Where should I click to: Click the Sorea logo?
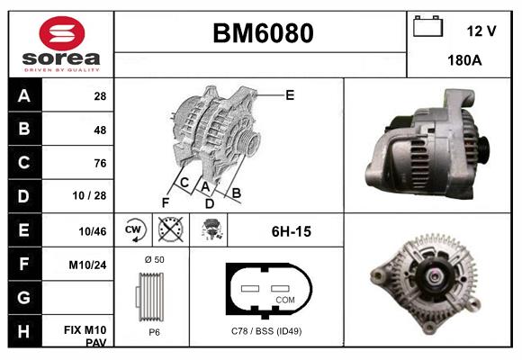[61, 43]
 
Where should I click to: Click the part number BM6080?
[263, 33]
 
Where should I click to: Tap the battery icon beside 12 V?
[428, 27]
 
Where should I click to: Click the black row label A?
[23, 96]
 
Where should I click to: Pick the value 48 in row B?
[99, 130]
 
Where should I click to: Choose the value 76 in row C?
[99, 163]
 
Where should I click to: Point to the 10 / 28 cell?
[94, 196]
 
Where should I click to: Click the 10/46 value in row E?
[93, 231]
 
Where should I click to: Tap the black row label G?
[23, 297]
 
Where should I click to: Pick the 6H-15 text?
[291, 231]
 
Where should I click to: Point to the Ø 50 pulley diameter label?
[153, 259]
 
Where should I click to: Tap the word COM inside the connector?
[285, 299]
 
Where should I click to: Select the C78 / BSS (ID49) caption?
[266, 332]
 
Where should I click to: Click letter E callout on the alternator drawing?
[290, 94]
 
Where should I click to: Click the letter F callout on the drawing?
[166, 202]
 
